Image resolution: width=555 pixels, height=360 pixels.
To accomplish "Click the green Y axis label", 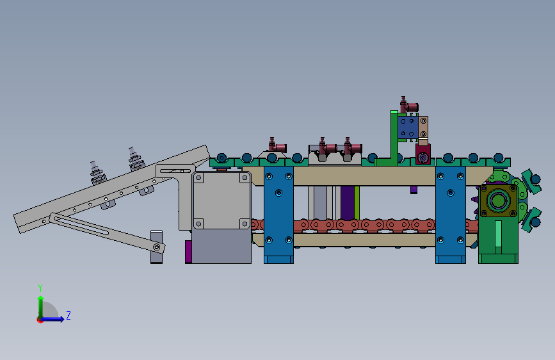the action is coord(40,288).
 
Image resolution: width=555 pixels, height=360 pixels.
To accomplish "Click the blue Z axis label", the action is coord(68,315).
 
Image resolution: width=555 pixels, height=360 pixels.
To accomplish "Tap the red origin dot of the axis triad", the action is coord(40,320).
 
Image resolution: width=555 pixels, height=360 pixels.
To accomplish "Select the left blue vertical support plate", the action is coord(278,215).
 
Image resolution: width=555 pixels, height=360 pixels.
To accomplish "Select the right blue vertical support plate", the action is coord(451,215).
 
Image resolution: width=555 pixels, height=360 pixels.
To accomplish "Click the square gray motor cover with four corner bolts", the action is coord(221,200).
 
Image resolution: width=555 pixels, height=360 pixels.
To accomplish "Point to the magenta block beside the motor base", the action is coord(188,252).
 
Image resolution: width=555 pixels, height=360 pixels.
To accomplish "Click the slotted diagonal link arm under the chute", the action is coord(107,233).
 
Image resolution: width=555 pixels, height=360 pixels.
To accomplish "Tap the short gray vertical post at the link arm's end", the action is coord(156,247).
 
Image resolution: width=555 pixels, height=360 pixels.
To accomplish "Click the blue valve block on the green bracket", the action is coord(408,127).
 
